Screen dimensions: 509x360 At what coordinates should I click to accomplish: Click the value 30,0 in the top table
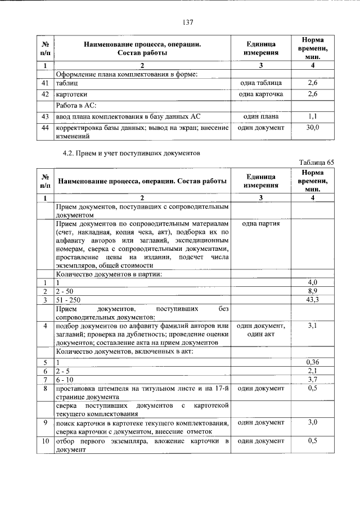click(313, 128)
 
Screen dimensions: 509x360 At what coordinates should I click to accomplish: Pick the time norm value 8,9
click(313, 291)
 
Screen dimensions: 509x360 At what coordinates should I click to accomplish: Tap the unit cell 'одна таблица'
click(260, 83)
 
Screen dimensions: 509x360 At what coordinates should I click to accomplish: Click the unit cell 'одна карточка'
click(260, 94)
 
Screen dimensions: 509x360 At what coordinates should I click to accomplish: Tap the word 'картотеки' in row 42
click(71, 94)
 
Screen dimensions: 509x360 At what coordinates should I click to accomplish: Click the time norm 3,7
click(313, 379)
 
